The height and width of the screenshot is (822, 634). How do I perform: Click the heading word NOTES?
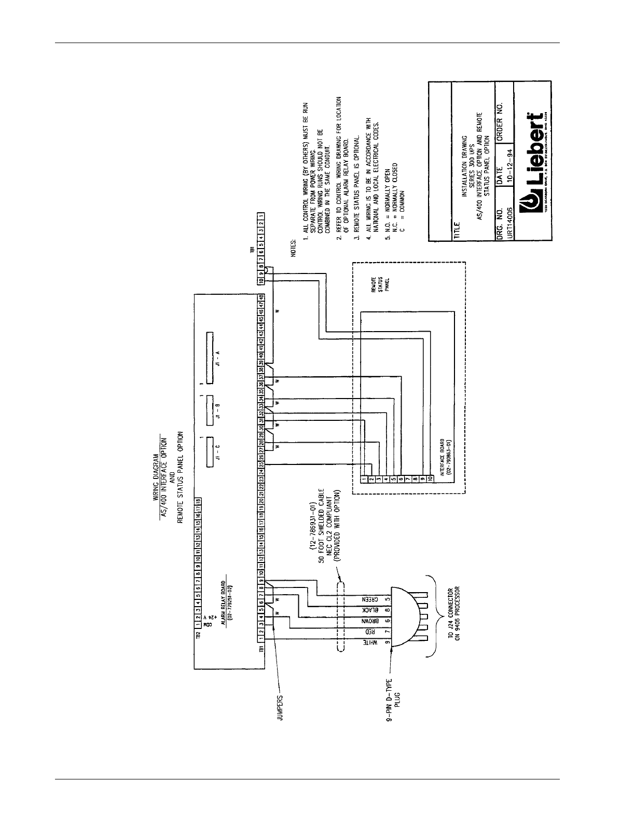293,250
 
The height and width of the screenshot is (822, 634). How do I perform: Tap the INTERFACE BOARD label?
444,458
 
